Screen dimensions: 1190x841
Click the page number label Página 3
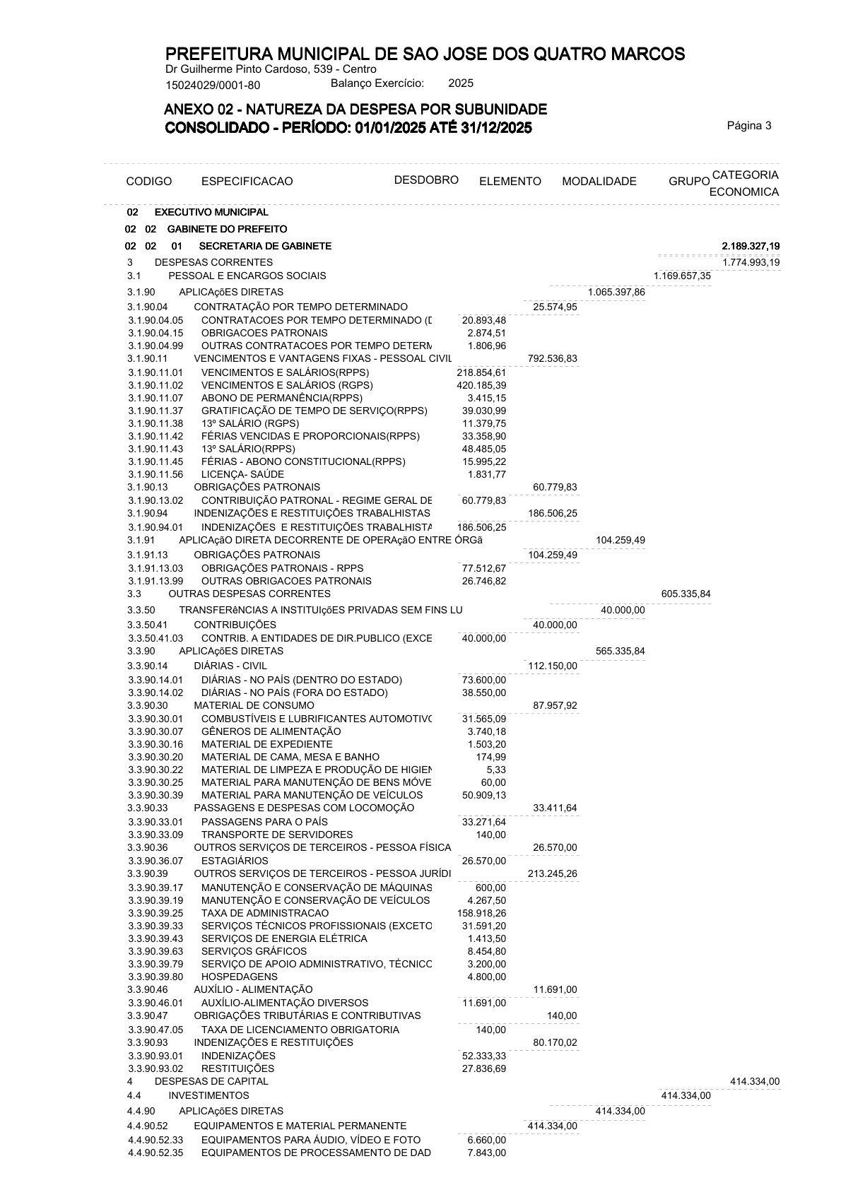[749, 126]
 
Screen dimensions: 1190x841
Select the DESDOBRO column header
[426, 179]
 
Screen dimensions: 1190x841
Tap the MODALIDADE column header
[599, 182]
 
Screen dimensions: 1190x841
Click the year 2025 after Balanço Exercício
[461, 83]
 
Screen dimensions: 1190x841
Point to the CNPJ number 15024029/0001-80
[213, 86]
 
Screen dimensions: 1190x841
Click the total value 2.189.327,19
[751, 246]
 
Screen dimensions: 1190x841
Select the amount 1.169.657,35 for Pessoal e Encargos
[682, 276]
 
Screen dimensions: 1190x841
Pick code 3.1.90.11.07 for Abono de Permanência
[155, 398]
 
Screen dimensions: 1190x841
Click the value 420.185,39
[481, 385]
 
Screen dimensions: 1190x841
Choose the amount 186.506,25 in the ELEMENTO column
[553, 514]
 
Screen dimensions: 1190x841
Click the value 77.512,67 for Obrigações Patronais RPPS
[484, 568]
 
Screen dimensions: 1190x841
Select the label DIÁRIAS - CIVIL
[230, 666]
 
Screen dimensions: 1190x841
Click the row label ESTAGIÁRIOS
[235, 861]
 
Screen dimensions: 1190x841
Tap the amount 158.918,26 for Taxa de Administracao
[481, 913]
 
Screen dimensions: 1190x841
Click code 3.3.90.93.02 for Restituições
[155, 1068]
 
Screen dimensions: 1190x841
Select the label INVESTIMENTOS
[208, 1095]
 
